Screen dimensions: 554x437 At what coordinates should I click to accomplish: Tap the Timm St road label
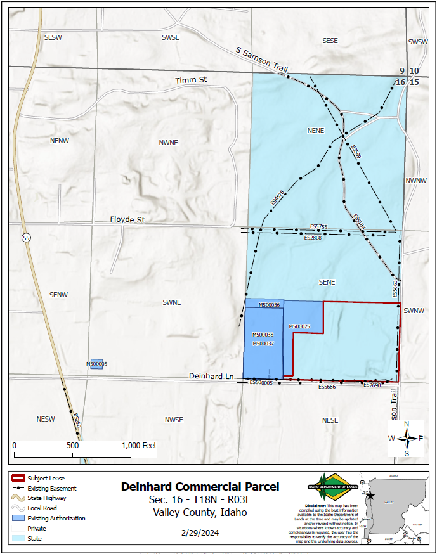pos(192,81)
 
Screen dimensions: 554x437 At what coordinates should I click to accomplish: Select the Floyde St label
pos(127,219)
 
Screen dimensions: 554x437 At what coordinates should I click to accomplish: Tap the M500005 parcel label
pos(97,364)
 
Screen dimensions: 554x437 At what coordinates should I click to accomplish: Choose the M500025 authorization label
pos(299,326)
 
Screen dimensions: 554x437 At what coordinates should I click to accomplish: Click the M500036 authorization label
pos(270,305)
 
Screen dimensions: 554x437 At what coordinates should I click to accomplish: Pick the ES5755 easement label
pos(319,226)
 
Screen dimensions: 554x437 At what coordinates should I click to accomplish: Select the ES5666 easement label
pos(327,386)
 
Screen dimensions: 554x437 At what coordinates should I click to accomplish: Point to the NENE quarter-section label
pos(315,131)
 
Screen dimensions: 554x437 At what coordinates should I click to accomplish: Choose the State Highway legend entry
pos(46,498)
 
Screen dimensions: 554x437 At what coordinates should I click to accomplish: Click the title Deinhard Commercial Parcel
pos(200,487)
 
